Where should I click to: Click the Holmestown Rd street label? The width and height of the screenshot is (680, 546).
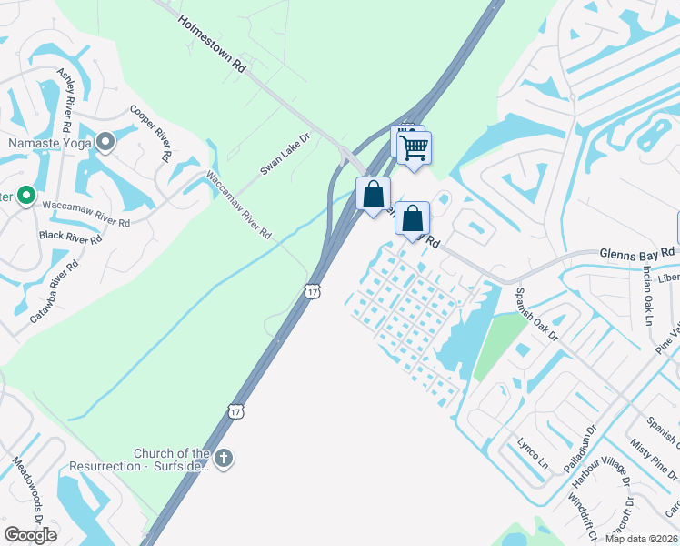(x=213, y=43)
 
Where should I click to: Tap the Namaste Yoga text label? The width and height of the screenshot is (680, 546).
(x=52, y=143)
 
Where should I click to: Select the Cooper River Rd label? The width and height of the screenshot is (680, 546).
(x=151, y=133)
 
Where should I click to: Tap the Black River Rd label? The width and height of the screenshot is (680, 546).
(x=70, y=238)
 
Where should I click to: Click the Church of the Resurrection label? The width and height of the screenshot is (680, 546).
(x=173, y=460)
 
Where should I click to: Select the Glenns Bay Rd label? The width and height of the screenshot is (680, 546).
(x=636, y=252)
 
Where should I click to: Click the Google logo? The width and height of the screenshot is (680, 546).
(x=30, y=535)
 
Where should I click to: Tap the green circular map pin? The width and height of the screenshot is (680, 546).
(x=26, y=195)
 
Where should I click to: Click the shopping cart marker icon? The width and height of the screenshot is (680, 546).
(x=415, y=147)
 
